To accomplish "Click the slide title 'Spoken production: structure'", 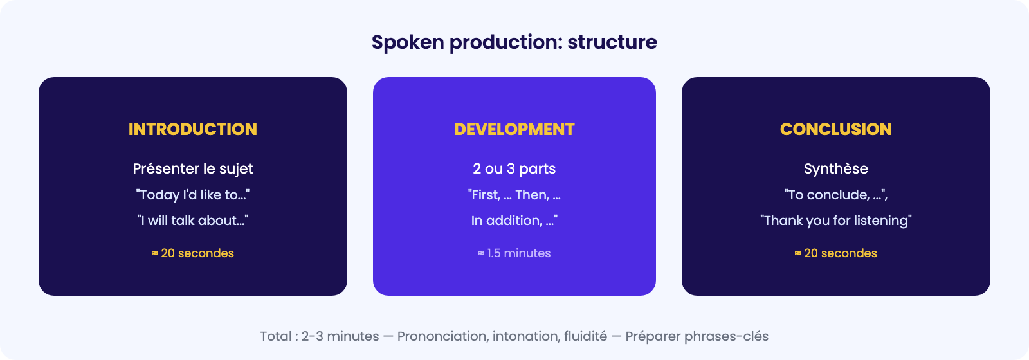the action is pyautogui.click(x=514, y=42).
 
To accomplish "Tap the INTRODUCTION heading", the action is pyautogui.click(x=192, y=129).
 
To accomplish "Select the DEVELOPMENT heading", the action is pyautogui.click(x=514, y=129).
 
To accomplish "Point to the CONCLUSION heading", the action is pyautogui.click(x=835, y=129).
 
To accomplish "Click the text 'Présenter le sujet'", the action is pyautogui.click(x=192, y=169).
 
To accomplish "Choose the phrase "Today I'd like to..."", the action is pyautogui.click(x=192, y=195).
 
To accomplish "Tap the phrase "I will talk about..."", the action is pyautogui.click(x=192, y=221).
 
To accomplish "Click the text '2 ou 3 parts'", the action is pyautogui.click(x=514, y=169).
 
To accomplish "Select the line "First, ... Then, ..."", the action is pyautogui.click(x=514, y=195).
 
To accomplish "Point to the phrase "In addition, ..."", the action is pyautogui.click(x=514, y=221).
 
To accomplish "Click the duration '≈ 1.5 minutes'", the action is pyautogui.click(x=514, y=253).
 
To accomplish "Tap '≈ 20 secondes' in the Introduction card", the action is pyautogui.click(x=192, y=253).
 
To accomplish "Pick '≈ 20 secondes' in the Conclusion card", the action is pyautogui.click(x=835, y=253).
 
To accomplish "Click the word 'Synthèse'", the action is pyautogui.click(x=835, y=169).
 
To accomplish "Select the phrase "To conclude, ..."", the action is pyautogui.click(x=835, y=195).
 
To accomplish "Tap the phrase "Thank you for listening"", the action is pyautogui.click(x=835, y=221).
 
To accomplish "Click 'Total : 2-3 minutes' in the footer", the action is pyautogui.click(x=319, y=336).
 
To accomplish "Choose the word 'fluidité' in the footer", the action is pyautogui.click(x=585, y=336).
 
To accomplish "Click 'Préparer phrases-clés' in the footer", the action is pyautogui.click(x=697, y=337).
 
